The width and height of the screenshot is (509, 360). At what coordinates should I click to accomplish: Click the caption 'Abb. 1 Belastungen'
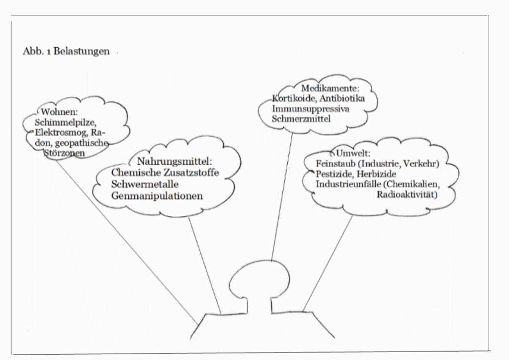coord(66,51)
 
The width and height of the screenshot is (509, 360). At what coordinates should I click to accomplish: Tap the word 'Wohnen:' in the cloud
coord(60,112)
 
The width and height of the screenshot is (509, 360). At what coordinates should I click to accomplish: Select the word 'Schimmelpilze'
coord(65,122)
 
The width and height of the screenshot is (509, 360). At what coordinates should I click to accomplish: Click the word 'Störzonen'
coord(64,153)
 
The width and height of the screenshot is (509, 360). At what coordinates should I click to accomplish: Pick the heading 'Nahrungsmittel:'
coord(174,161)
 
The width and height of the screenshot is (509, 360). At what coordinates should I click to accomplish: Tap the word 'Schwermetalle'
coord(145,184)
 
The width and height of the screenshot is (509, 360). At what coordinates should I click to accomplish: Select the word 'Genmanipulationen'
coord(157,196)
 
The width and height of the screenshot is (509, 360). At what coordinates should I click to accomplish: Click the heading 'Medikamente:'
coord(331,88)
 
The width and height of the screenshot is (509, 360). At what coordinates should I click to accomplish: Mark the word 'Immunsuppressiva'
coord(310,108)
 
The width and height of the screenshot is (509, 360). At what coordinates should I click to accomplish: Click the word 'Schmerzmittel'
coord(301,118)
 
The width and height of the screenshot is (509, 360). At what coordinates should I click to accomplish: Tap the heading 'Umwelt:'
coord(353,153)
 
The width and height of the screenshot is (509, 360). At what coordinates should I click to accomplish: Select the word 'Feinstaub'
coord(336,163)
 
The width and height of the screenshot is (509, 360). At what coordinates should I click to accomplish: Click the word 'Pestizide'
coord(335,174)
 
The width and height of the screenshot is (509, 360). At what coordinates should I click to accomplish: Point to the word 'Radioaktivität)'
coord(407,194)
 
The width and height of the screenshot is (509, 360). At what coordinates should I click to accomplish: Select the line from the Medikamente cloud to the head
coord(282,197)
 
